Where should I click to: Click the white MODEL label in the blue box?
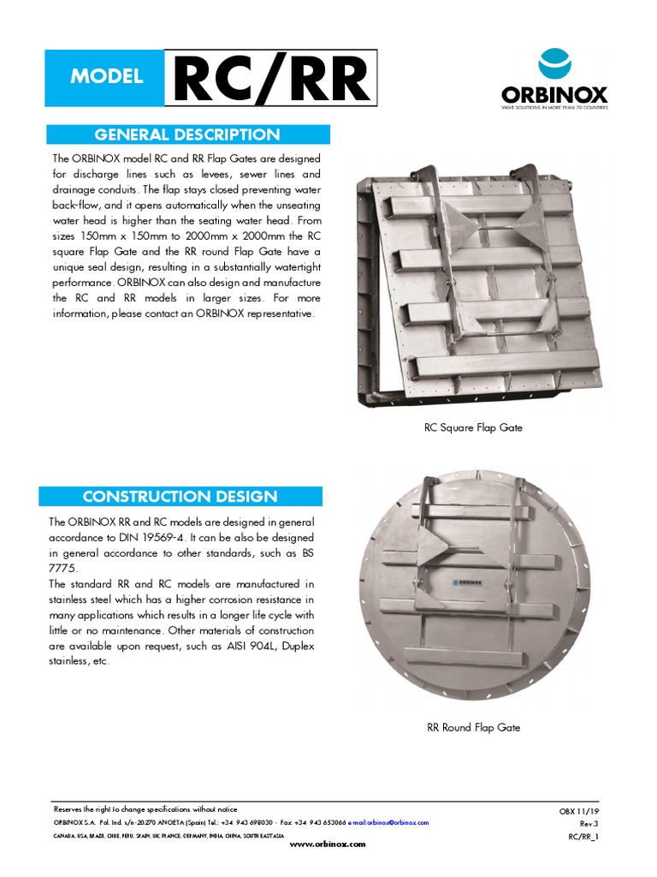click(107, 76)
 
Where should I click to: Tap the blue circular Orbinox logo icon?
click(554, 66)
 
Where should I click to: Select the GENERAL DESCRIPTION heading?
click(187, 134)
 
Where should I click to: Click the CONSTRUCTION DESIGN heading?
click(180, 497)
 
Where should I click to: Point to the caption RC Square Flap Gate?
click(473, 427)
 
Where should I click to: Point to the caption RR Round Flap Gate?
click(473, 727)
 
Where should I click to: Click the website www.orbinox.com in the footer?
click(328, 844)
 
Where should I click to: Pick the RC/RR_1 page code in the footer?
click(583, 836)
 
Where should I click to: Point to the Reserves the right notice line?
click(145, 809)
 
